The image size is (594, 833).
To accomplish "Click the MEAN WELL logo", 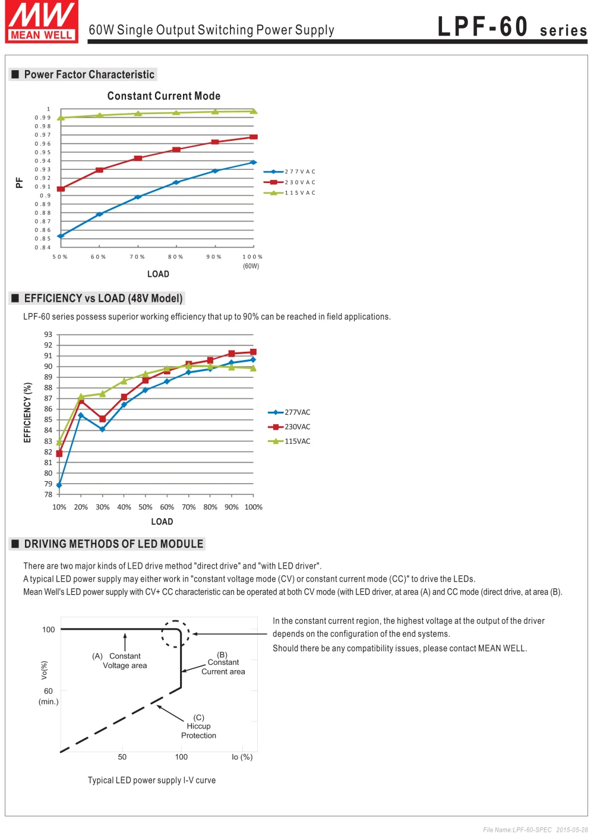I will tap(42, 22).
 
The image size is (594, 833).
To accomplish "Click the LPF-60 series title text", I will tap(511, 27).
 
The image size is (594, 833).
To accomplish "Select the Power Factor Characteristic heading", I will tap(89, 74).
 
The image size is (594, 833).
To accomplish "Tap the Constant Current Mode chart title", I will tap(164, 96).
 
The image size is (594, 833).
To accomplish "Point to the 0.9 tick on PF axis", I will tap(45, 195).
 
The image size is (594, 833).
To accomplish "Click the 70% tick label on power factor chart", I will tap(137, 257).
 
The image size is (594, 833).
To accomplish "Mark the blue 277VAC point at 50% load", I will tap(61, 236).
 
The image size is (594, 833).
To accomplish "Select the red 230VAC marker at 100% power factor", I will tap(254, 137).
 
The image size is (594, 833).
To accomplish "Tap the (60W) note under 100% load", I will tap(251, 266).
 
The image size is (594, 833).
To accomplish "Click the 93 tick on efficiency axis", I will tap(48, 335).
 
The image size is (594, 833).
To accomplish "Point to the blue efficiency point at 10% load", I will tap(59, 485).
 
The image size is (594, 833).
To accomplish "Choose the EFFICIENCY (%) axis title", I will tap(27, 412).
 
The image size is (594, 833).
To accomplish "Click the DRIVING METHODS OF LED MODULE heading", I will tap(113, 544).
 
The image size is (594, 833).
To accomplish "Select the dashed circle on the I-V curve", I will tap(175, 634).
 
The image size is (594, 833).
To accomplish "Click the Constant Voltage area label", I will tap(124, 661).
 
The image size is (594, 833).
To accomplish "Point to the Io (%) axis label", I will tap(242, 757).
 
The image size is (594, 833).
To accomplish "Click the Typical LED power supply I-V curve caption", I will tap(151, 780).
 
